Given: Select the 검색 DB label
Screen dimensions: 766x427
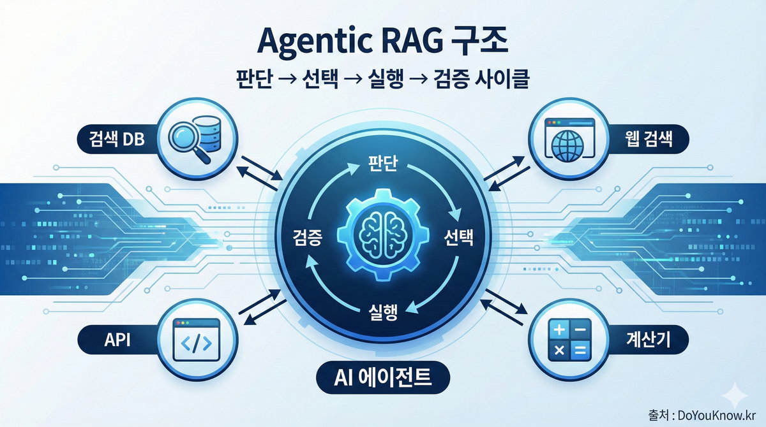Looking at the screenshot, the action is (111, 138).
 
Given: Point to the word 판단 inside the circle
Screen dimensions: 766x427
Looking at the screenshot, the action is (382, 164).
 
